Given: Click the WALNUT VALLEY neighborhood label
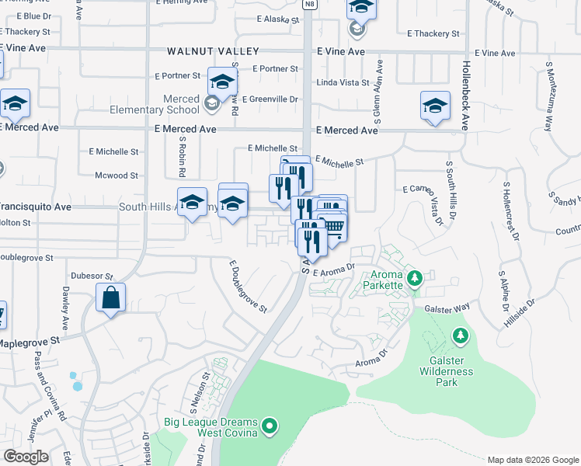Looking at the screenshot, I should (207, 51).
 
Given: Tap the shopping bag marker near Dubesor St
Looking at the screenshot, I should (111, 298).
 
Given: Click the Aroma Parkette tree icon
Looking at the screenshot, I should (414, 276).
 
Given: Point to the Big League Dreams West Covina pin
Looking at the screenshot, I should (270, 426).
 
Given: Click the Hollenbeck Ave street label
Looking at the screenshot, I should (466, 96).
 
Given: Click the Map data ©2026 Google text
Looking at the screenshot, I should (533, 460).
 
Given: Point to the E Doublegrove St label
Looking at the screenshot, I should (247, 287).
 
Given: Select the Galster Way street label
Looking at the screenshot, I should (448, 308).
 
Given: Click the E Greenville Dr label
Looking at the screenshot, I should (273, 99).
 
